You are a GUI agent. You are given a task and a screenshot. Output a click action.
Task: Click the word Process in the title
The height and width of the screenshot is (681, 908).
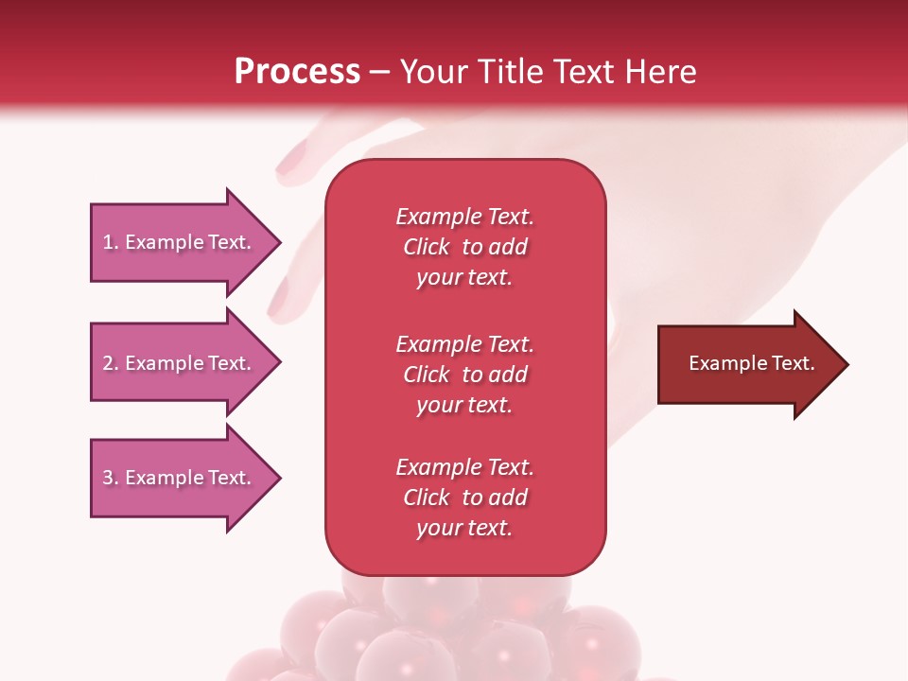coord(297,72)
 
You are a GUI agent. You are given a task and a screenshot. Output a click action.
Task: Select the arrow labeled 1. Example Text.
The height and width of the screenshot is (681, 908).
coord(177,242)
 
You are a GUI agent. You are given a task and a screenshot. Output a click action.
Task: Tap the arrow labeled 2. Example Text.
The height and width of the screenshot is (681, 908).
coord(177,363)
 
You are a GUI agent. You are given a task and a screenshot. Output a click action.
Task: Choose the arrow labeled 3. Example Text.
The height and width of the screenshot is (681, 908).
coord(177,478)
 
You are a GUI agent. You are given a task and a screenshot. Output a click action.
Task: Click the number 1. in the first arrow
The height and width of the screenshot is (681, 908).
coord(111,242)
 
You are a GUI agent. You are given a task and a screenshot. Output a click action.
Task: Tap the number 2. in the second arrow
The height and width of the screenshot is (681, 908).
coord(111,363)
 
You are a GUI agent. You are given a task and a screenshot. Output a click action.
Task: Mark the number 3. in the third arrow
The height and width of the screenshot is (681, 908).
coord(111,478)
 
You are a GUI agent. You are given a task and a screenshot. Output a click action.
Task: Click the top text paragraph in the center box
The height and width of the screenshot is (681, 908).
coord(464,247)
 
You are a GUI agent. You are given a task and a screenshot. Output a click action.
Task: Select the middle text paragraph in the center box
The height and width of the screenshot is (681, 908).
coord(464,375)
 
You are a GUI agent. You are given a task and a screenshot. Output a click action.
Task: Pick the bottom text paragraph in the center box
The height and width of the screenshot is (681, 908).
coord(464,498)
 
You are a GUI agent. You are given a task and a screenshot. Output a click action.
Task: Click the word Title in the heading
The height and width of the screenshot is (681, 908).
coord(511,72)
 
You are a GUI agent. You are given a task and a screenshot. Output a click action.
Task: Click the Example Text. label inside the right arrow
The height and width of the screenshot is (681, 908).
coord(752,363)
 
